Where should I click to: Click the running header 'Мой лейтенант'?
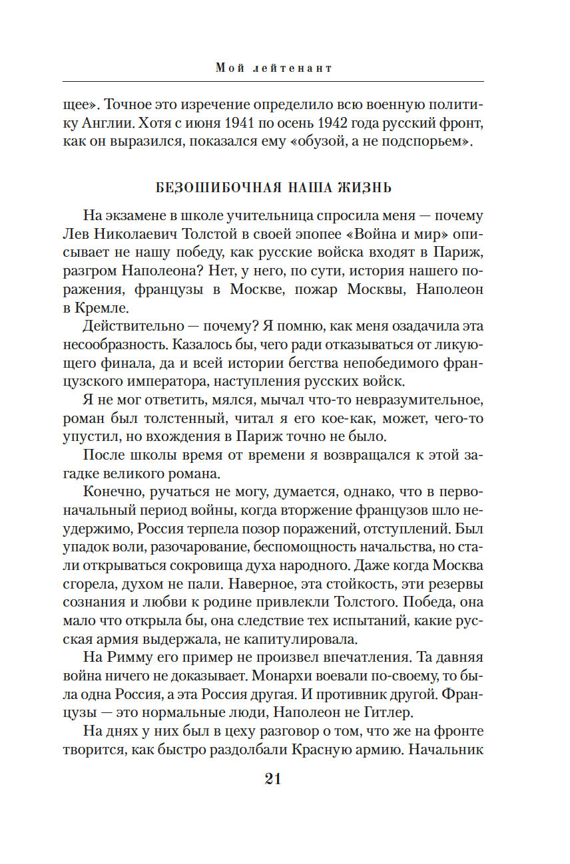click(274, 68)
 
